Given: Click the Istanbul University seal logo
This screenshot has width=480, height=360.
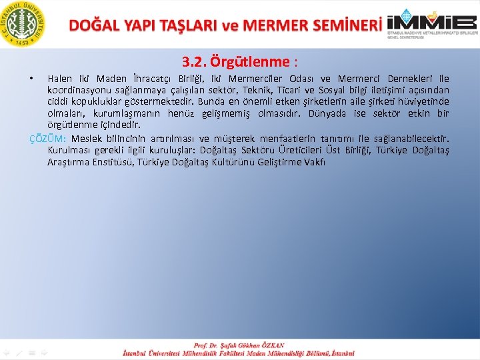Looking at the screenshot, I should click(23, 23).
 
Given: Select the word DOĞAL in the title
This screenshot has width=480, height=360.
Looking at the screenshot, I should click(95, 25).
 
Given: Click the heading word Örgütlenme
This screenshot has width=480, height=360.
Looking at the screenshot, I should click(250, 63).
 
